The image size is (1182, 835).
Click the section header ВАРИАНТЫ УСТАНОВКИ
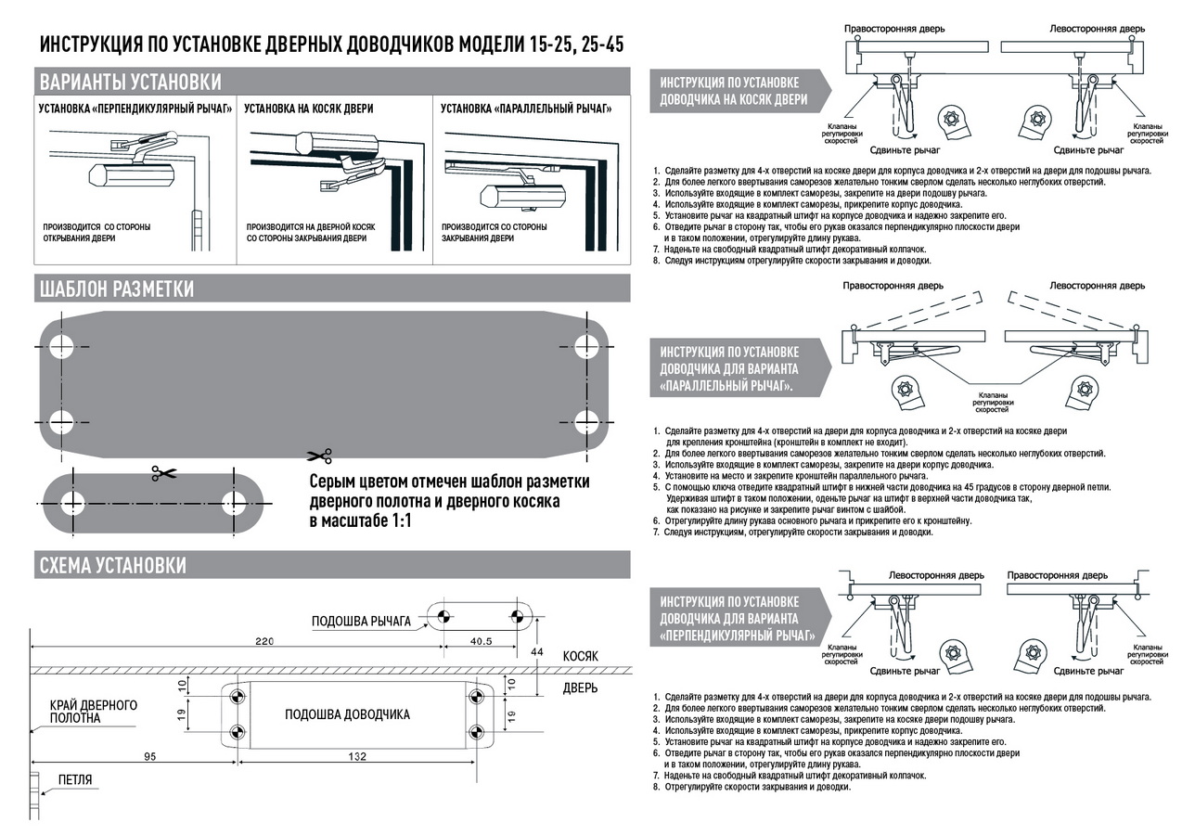pyautogui.click(x=130, y=81)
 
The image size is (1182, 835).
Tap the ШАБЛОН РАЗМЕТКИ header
pyautogui.click(x=116, y=289)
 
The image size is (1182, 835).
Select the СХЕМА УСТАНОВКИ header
pyautogui.click(x=112, y=565)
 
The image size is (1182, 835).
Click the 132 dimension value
pyautogui.click(x=357, y=757)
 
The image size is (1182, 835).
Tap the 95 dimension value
pyautogui.click(x=149, y=757)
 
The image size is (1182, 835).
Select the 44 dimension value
pyautogui.click(x=537, y=652)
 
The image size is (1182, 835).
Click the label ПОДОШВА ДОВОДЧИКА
pyautogui.click(x=347, y=714)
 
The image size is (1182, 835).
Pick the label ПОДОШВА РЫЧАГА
pyautogui.click(x=361, y=622)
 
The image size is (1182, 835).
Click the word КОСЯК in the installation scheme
pyautogui.click(x=580, y=656)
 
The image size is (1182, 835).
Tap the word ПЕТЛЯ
pyautogui.click(x=75, y=780)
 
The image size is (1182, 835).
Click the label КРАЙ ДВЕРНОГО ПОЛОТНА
pyautogui.click(x=94, y=712)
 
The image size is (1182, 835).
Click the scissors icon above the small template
pyautogui.click(x=163, y=473)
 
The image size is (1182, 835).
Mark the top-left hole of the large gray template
pyautogui.click(x=62, y=347)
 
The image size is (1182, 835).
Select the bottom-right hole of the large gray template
pyautogui.click(x=585, y=419)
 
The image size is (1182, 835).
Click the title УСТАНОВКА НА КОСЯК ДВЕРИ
pyautogui.click(x=309, y=109)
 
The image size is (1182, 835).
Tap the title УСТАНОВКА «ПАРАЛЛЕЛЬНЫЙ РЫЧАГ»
pyautogui.click(x=526, y=109)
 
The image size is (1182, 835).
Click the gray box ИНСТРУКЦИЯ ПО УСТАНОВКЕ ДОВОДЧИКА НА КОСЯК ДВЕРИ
pyautogui.click(x=733, y=91)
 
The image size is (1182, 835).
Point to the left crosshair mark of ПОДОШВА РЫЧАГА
pyautogui.click(x=443, y=616)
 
